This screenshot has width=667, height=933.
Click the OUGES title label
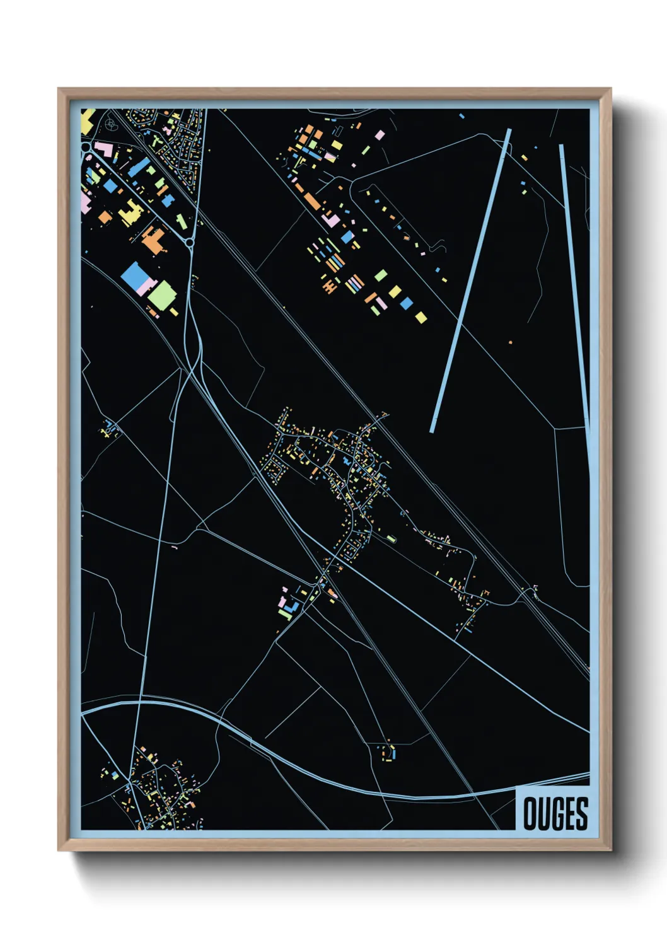(x=555, y=813)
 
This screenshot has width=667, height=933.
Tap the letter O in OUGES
(x=530, y=814)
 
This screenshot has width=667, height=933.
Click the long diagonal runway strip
(x=470, y=281)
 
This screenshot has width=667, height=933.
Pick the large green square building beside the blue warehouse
(x=162, y=295)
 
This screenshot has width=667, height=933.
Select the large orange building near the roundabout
(x=153, y=240)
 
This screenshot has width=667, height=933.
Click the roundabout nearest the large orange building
(x=189, y=242)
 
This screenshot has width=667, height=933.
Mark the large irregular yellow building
(x=130, y=214)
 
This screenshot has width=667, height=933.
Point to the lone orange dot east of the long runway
(x=510, y=342)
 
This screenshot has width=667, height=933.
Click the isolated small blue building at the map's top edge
(x=461, y=116)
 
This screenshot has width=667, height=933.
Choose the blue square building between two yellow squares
(x=407, y=304)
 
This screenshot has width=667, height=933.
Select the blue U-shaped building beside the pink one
(x=291, y=608)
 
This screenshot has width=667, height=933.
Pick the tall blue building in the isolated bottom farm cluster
(x=393, y=753)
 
